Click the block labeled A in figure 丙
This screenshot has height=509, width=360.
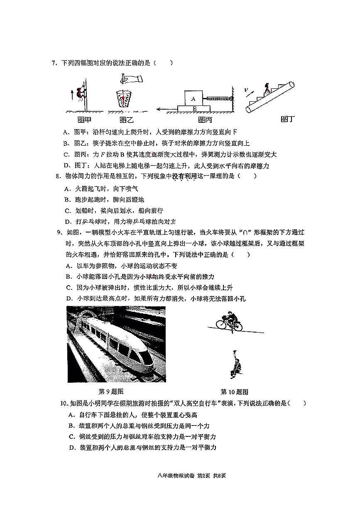point(193,98)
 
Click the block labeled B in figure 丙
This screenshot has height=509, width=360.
point(194,109)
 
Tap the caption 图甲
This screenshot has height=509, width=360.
point(85,120)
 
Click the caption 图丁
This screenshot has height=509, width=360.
point(287,120)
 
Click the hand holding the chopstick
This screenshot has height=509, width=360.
point(129,78)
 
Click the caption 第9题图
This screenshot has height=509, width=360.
point(110,392)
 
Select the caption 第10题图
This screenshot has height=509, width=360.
point(234,392)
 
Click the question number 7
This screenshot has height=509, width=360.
point(54,63)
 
